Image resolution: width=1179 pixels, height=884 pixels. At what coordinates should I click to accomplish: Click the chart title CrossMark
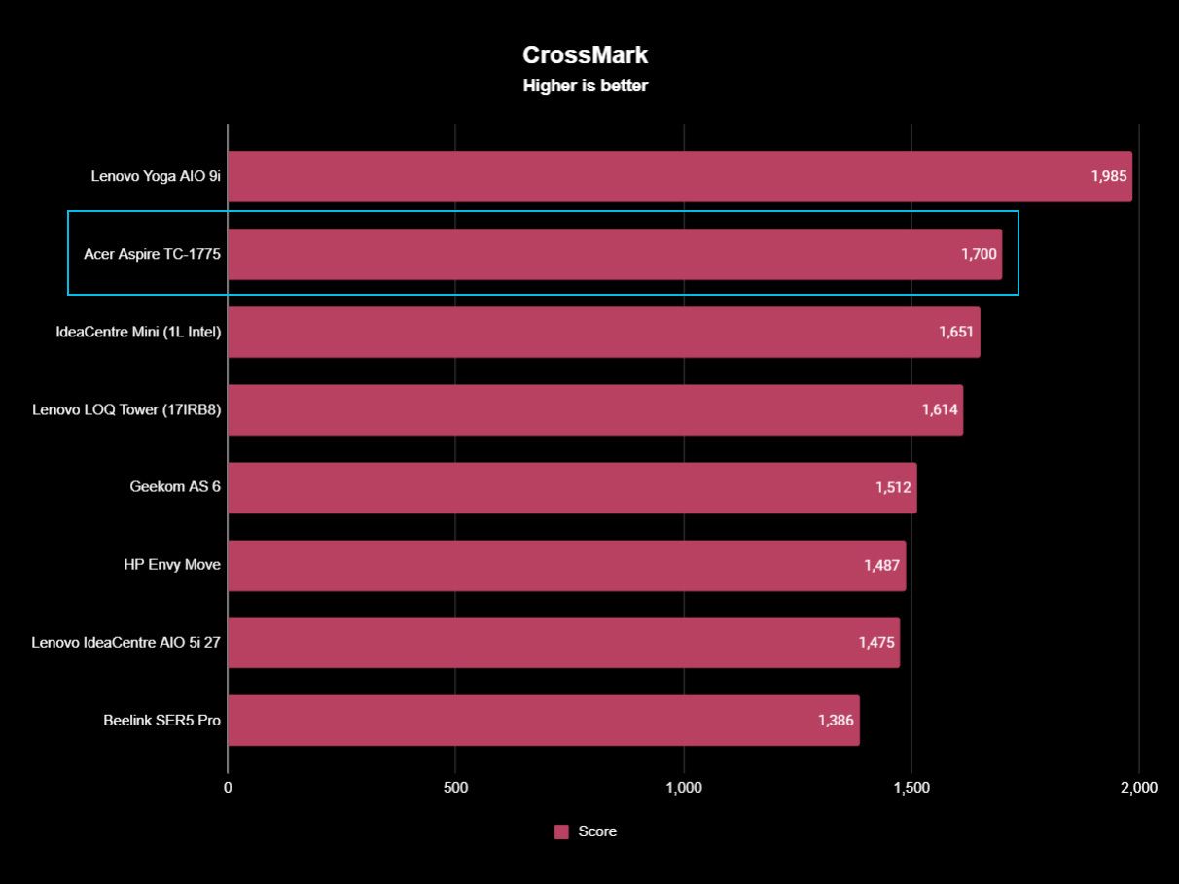pyautogui.click(x=585, y=54)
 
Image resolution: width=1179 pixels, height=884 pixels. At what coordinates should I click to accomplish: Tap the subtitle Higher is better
pyautogui.click(x=585, y=86)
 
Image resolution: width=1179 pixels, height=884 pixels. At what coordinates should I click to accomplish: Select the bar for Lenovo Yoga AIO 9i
pyautogui.click(x=680, y=176)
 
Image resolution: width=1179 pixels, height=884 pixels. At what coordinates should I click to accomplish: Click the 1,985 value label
pyautogui.click(x=1109, y=176)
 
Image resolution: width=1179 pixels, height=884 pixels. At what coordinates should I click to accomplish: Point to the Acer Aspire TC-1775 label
pyautogui.click(x=152, y=254)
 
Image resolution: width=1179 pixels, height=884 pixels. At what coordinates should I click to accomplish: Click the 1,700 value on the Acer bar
pyautogui.click(x=979, y=254)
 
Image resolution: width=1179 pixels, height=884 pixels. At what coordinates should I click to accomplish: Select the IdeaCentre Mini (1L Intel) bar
pyautogui.click(x=604, y=332)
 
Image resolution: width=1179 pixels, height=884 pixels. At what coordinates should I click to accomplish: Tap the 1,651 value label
pyautogui.click(x=956, y=332)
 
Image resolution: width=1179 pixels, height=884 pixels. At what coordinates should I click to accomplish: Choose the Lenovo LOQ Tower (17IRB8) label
pyautogui.click(x=126, y=409)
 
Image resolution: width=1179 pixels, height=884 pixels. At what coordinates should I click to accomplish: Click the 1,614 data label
pyautogui.click(x=940, y=409)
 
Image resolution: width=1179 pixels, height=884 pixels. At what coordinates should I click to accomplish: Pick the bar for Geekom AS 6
pyautogui.click(x=572, y=488)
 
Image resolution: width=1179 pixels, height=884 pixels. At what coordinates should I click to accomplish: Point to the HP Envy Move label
pyautogui.click(x=172, y=565)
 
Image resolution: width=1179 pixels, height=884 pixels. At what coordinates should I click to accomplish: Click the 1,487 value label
pyautogui.click(x=881, y=565)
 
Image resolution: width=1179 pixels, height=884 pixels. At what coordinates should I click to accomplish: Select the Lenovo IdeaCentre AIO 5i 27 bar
pyautogui.click(x=563, y=643)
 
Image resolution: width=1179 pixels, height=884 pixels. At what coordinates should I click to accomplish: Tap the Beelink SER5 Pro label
pyautogui.click(x=161, y=721)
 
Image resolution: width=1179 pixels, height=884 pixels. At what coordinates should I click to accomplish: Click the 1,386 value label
pyautogui.click(x=836, y=721)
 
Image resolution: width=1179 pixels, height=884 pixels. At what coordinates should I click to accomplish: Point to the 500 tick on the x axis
pyautogui.click(x=455, y=788)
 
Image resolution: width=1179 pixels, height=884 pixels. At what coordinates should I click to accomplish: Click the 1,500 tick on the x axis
pyautogui.click(x=911, y=788)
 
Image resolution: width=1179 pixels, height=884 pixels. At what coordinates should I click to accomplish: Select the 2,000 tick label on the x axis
pyautogui.click(x=1139, y=788)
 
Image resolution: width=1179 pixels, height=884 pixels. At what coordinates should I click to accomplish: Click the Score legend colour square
pyautogui.click(x=561, y=831)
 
